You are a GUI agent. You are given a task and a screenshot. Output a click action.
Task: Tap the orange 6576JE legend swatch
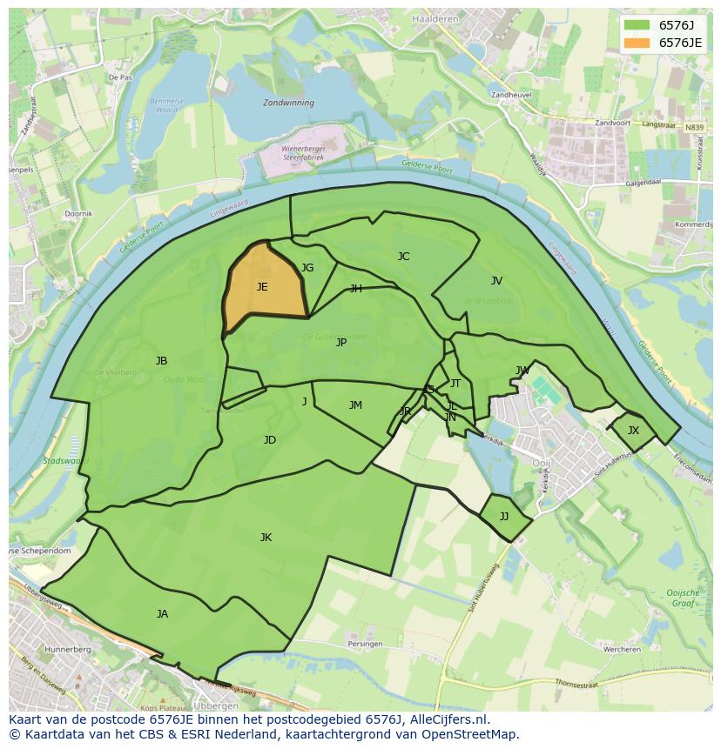pyautogui.click(x=637, y=43)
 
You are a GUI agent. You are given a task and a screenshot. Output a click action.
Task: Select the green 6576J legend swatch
pyautogui.click(x=637, y=25)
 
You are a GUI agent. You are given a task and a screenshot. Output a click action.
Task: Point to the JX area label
pyautogui.click(x=633, y=431)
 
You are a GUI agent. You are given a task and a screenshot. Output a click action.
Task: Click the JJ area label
pyautogui.click(x=504, y=516)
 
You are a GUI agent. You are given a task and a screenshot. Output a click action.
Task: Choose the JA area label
pyautogui.click(x=162, y=614)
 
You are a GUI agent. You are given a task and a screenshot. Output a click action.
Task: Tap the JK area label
pyautogui.click(x=266, y=538)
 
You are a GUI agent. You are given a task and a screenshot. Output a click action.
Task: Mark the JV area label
pyautogui.click(x=496, y=281)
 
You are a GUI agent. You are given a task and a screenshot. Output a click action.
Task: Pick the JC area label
pyautogui.click(x=403, y=257)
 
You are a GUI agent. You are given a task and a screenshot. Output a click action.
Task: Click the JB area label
pyautogui.click(x=161, y=361)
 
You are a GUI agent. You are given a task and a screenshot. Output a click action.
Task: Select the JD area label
pyautogui.click(x=270, y=440)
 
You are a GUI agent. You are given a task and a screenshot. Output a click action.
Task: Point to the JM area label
pyautogui.click(x=355, y=405)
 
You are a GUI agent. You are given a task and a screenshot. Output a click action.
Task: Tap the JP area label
pyautogui.click(x=341, y=343)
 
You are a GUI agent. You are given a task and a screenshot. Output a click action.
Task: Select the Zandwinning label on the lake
pyautogui.click(x=288, y=102)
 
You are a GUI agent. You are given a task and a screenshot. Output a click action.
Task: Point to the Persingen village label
pyautogui.click(x=365, y=644)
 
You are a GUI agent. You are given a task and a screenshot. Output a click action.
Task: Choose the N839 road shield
pyautogui.click(x=694, y=128)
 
